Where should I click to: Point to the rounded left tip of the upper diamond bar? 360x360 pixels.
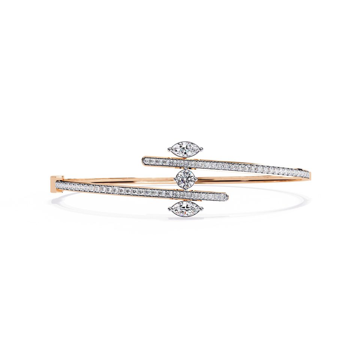click(143, 160)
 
